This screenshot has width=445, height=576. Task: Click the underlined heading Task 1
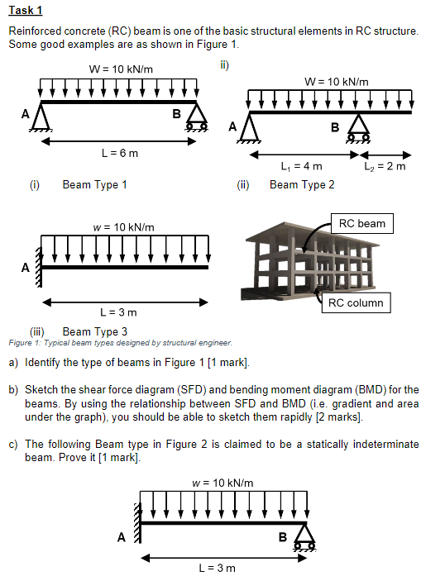[x=26, y=10]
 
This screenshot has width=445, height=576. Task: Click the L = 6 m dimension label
[x=119, y=153]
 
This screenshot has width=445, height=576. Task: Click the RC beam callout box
[x=361, y=223]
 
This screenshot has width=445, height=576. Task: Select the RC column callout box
[x=356, y=302]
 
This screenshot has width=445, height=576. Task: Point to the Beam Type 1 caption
[x=94, y=184]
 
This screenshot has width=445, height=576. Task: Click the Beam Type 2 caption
[x=302, y=184]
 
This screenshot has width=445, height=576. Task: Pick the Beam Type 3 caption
[x=95, y=331]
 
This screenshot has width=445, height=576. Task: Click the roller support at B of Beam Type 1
[x=196, y=119]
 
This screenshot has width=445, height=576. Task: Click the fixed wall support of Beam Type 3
[x=37, y=268]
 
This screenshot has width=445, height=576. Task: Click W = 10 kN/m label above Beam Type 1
[x=120, y=68]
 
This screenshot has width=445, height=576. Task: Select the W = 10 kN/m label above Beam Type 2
[x=337, y=81]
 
